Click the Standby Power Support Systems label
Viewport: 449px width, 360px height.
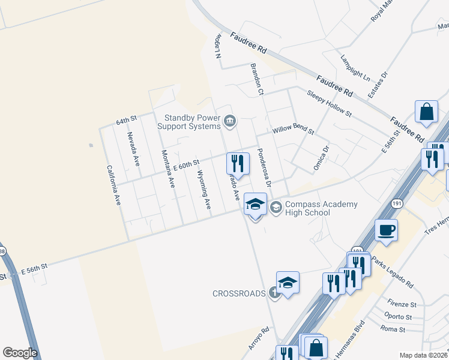189,122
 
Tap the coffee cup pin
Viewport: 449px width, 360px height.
386,230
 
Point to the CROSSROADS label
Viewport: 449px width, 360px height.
239,293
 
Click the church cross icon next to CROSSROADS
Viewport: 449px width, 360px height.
274,293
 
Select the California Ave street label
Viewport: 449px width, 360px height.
113,185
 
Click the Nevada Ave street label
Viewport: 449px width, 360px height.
133,149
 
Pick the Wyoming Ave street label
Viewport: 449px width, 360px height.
204,190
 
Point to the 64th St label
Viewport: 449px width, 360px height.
127,121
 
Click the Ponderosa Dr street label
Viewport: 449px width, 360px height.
265,167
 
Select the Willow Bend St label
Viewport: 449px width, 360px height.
293,130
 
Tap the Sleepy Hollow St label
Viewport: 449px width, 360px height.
329,104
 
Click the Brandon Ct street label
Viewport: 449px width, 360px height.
257,80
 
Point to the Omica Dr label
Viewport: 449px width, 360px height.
322,159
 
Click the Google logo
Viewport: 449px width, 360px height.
20,352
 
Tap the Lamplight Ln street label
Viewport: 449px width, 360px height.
355,68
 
